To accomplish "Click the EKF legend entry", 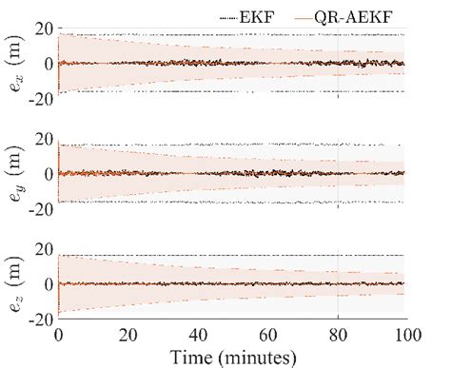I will coord(267,12).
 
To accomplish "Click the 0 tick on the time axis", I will coord(59,336).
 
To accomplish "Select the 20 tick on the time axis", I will coord(128,336).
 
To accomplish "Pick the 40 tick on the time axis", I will coord(199,336).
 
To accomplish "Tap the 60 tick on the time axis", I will coord(268,336).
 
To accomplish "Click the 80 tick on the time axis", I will coord(338,336).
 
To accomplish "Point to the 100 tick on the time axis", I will coord(407,336).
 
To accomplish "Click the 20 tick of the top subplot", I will coord(42,29).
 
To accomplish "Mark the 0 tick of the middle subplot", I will coord(47,174).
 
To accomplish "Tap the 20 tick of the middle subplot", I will coord(42,140).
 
